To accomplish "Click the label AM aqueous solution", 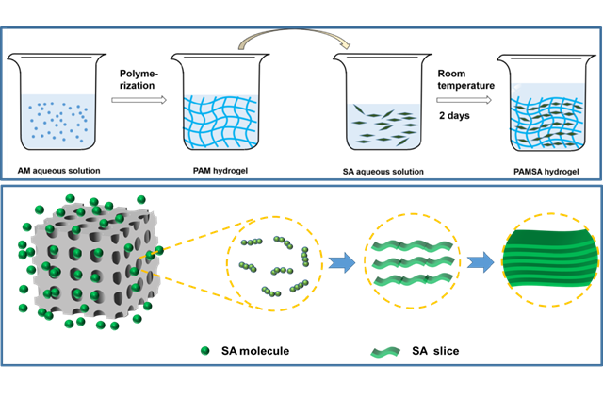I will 59,170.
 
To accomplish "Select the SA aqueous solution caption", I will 383,171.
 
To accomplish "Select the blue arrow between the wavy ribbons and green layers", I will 480,264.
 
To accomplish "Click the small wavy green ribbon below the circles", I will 384,352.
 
